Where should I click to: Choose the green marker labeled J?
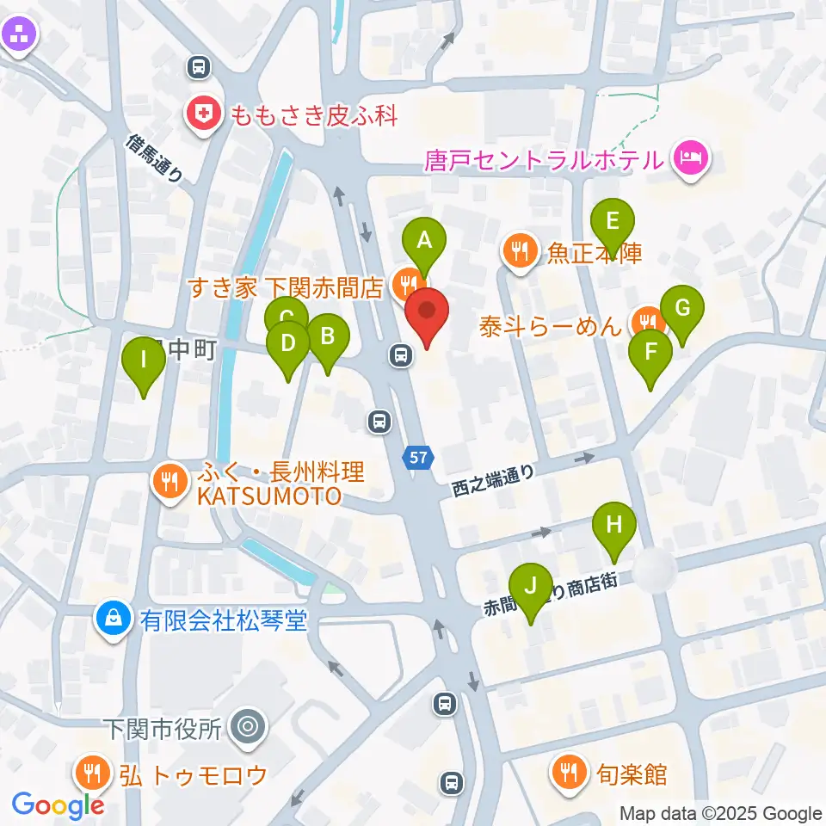tap(531, 589)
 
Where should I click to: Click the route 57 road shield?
tap(418, 459)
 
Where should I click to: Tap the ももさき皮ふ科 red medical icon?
tap(204, 114)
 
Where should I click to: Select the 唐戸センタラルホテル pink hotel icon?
tap(690, 158)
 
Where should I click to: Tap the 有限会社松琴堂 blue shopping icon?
tap(113, 618)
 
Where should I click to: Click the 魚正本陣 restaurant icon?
tap(520, 251)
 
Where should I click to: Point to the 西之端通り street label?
tap(493, 483)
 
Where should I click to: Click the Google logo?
tap(59, 804)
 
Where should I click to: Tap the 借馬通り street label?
tap(154, 157)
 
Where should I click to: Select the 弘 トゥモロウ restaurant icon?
tap(91, 772)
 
